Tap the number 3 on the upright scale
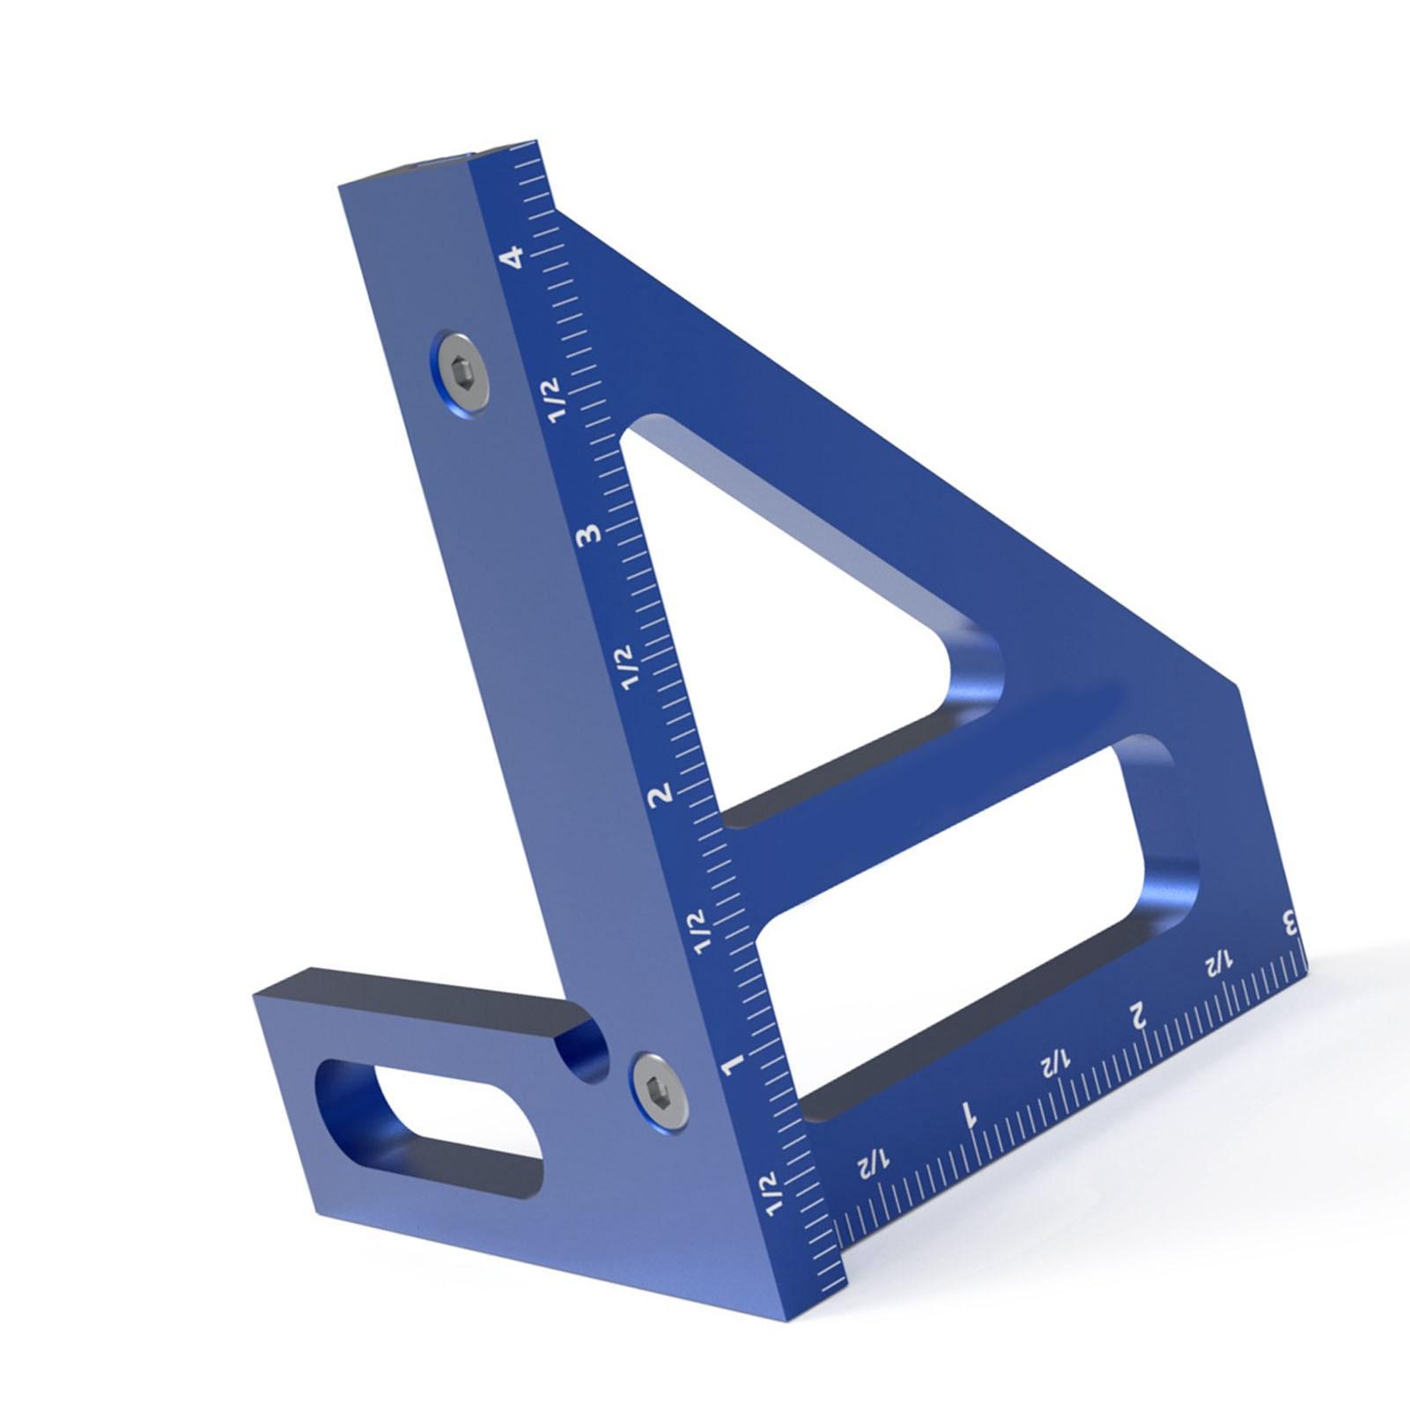(x=588, y=534)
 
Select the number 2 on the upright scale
(x=661, y=794)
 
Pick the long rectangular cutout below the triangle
(x=969, y=925)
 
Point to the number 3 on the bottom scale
(x=1291, y=925)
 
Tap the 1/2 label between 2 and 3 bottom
(x=1217, y=963)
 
